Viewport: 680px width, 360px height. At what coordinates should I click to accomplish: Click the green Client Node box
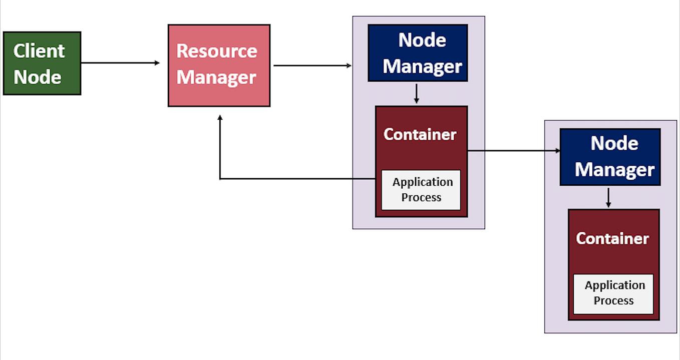click(42, 63)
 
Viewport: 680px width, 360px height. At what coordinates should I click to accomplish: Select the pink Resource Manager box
click(219, 65)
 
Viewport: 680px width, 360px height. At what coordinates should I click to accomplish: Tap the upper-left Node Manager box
click(418, 53)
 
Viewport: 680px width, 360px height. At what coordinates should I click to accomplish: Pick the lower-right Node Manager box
click(610, 157)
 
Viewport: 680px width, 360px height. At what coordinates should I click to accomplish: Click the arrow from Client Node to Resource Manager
click(120, 63)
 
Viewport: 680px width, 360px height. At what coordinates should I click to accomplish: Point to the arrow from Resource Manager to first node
click(311, 66)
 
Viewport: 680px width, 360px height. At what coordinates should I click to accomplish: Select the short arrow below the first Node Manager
click(417, 94)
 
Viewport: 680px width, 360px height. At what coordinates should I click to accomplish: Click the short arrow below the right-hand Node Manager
click(608, 198)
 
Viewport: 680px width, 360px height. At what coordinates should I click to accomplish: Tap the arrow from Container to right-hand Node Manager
click(513, 150)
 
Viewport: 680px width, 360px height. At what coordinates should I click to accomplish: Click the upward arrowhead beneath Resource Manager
click(220, 119)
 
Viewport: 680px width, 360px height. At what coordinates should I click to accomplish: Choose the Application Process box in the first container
click(421, 190)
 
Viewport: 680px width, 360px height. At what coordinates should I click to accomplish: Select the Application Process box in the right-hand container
click(613, 293)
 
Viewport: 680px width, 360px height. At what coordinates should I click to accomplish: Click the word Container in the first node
click(420, 135)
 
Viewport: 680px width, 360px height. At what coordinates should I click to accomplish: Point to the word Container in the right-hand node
click(612, 238)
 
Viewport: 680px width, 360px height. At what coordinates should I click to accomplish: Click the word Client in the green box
click(39, 51)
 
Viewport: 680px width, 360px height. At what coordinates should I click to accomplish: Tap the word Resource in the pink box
click(217, 51)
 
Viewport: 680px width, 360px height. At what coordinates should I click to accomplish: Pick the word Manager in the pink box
click(216, 78)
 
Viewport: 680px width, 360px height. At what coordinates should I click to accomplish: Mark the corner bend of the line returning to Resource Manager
click(220, 179)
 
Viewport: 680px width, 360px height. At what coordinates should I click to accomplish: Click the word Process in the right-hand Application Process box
click(613, 300)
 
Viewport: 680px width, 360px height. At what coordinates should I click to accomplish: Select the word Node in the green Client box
click(38, 77)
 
